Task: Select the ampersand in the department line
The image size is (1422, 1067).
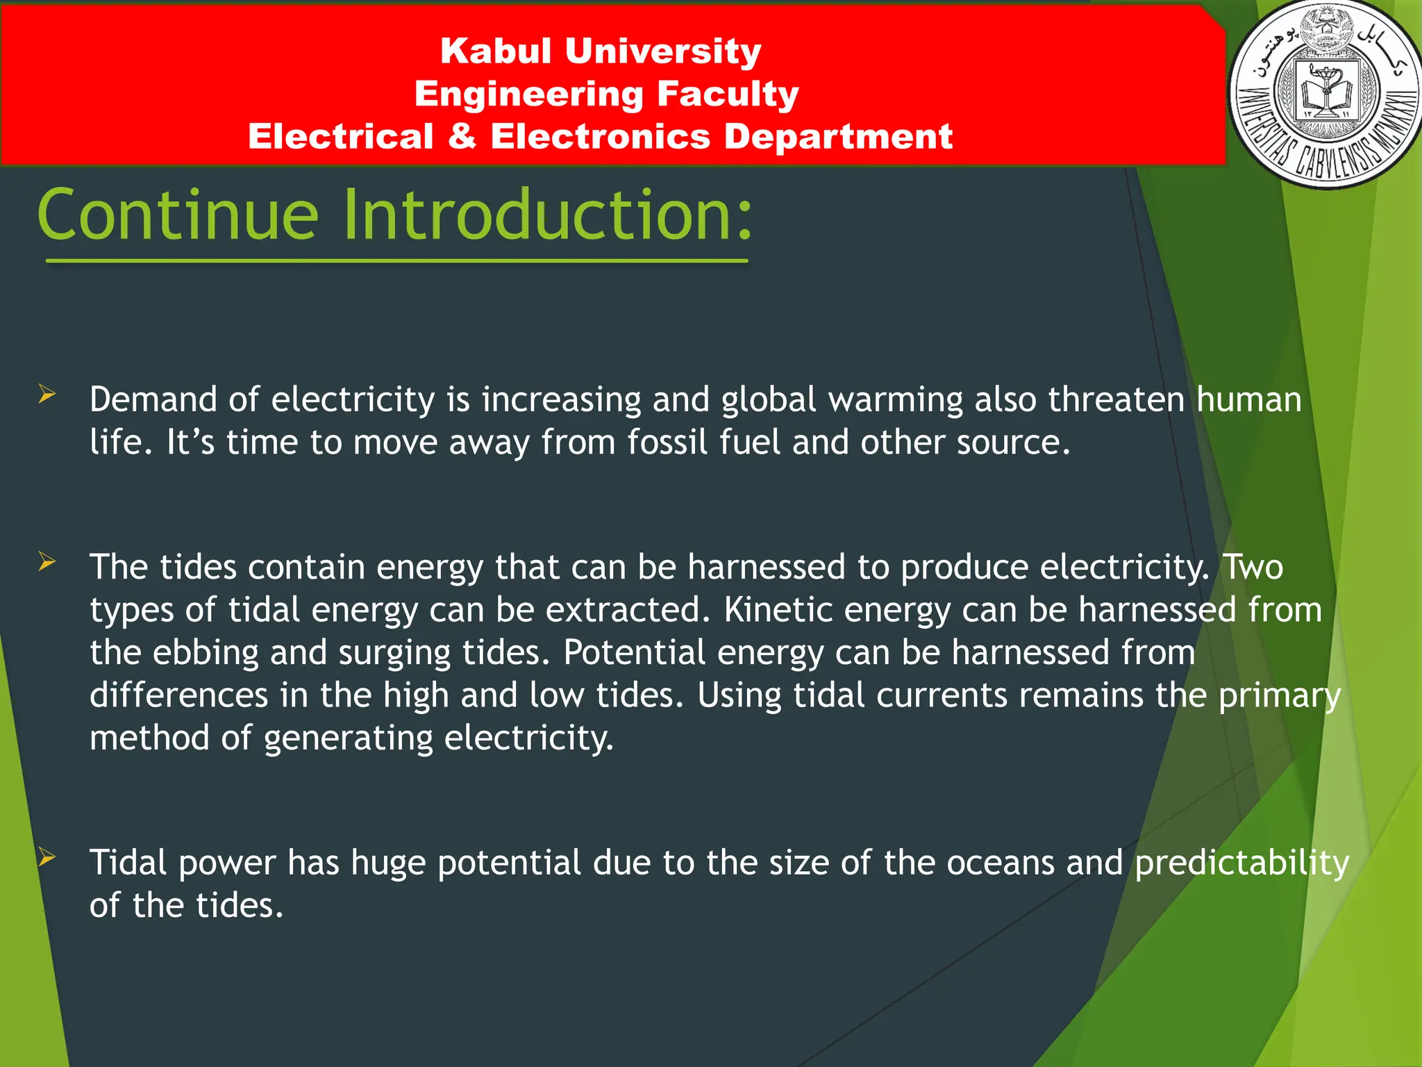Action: click(462, 136)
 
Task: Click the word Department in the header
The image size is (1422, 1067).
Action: click(838, 136)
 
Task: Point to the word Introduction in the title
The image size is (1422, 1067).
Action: click(547, 215)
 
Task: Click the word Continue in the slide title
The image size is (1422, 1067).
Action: click(178, 215)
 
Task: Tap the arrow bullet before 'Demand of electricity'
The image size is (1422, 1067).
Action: click(47, 395)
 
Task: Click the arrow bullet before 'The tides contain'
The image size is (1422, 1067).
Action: click(47, 561)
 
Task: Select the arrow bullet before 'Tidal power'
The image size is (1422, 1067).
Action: click(47, 857)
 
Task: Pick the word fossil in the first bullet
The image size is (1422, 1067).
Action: click(667, 442)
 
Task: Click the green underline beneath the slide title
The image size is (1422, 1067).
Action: click(396, 261)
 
